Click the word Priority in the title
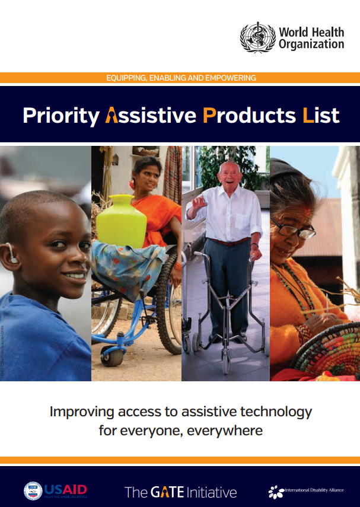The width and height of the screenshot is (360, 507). point(60,115)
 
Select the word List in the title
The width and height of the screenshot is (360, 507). point(320,115)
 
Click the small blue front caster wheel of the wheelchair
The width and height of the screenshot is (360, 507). point(110,356)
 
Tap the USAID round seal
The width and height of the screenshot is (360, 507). point(33,490)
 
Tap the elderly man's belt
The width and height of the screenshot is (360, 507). point(230,242)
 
